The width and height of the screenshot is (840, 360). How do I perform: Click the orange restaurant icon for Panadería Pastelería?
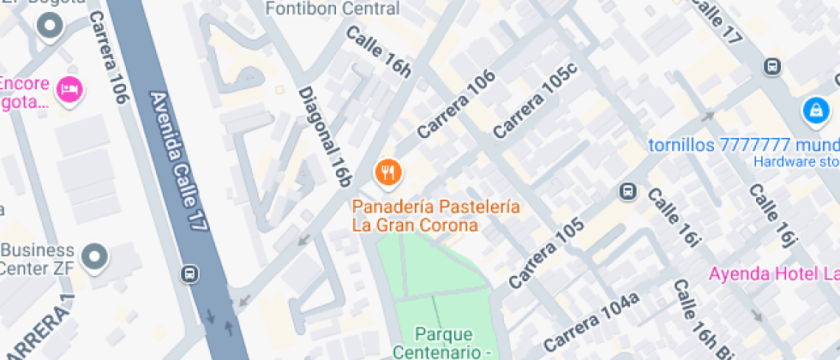(389, 172)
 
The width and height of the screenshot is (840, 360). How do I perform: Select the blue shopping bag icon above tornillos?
(815, 110)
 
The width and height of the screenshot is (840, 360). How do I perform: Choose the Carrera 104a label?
(591, 322)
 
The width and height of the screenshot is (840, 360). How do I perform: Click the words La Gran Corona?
(414, 225)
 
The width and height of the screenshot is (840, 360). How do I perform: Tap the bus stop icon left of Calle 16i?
(628, 190)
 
